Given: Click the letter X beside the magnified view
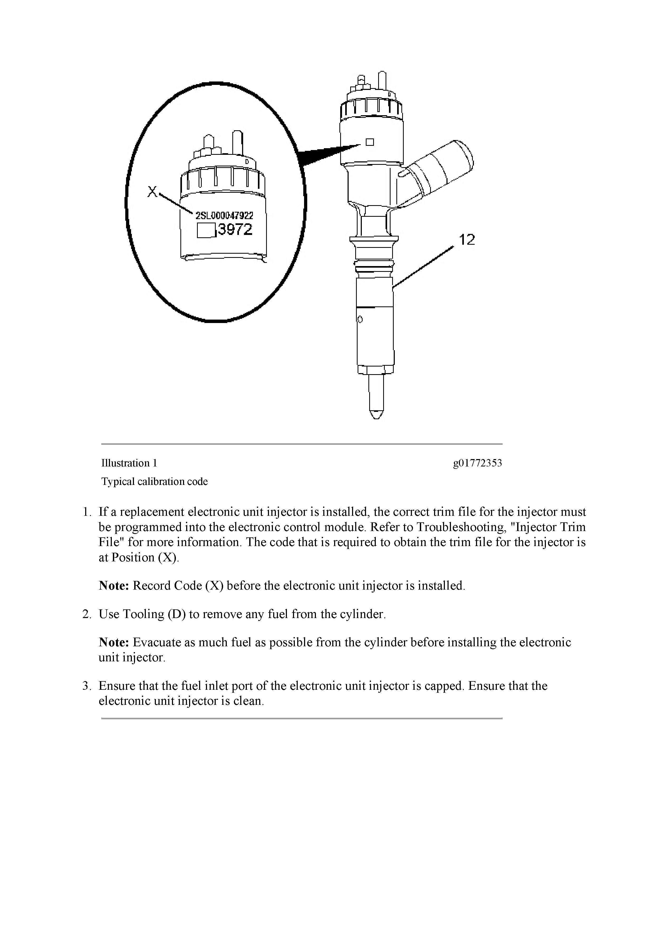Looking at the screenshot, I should tap(152, 192).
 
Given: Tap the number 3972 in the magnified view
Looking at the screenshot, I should tap(234, 230).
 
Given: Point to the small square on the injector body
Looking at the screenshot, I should tap(369, 142).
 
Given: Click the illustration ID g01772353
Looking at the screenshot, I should tap(478, 463).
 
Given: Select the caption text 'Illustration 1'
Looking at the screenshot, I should tap(129, 463).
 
